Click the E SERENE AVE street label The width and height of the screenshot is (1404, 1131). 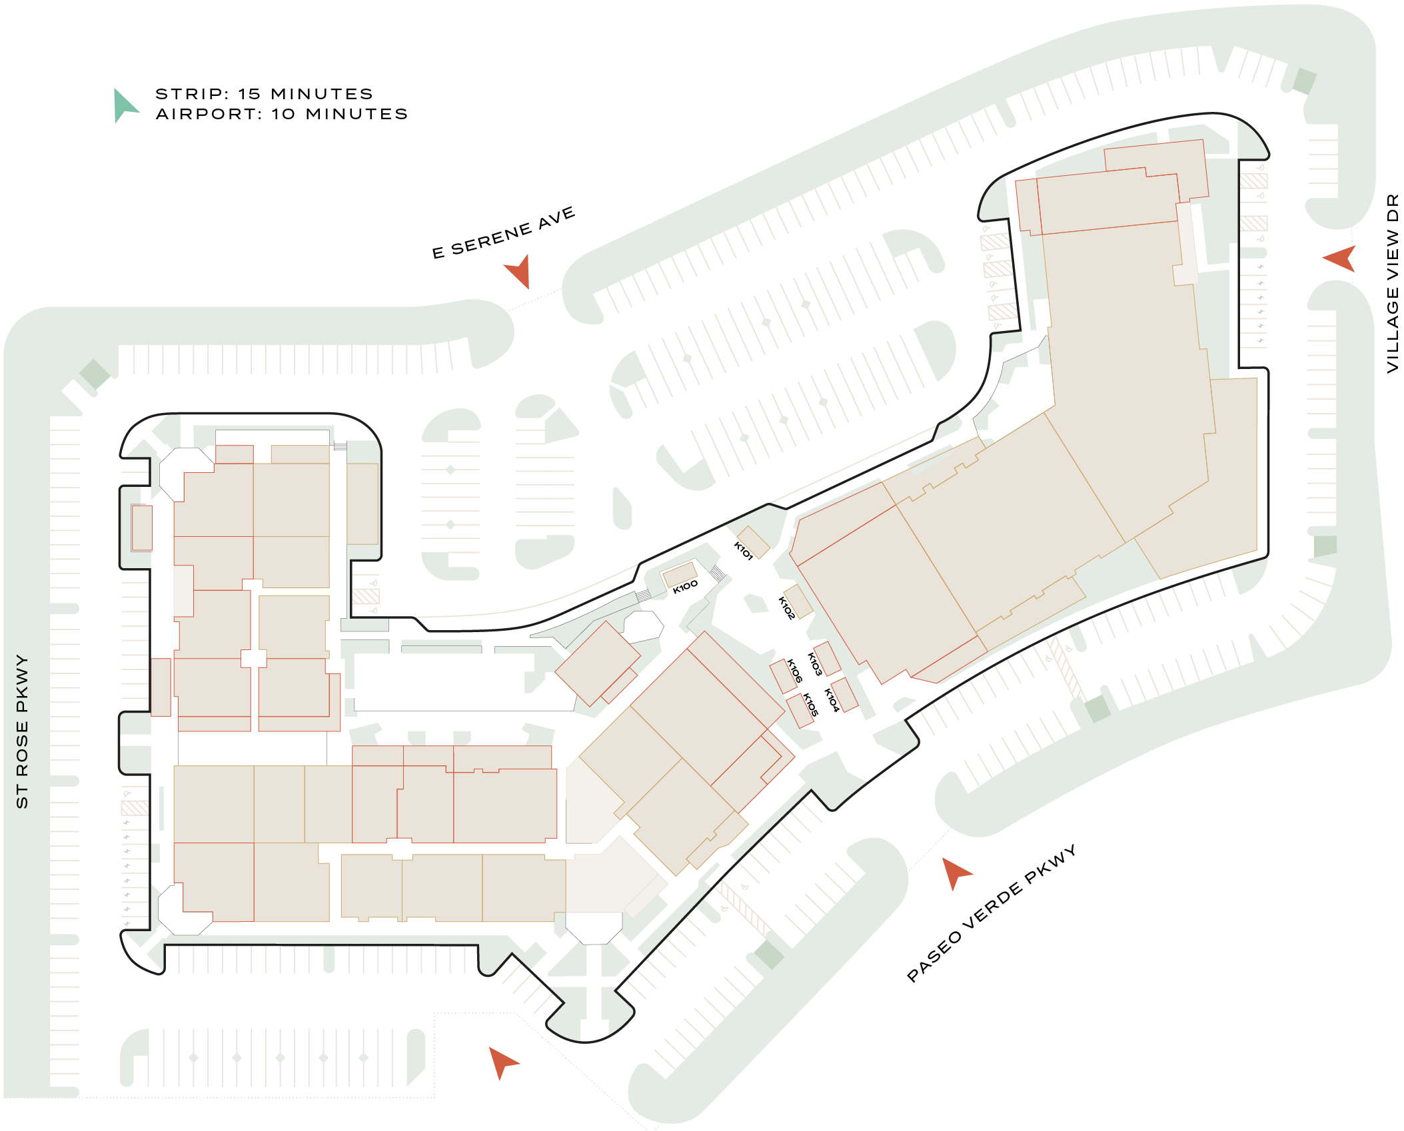click(x=503, y=232)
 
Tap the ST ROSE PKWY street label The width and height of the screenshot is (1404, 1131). click(x=22, y=731)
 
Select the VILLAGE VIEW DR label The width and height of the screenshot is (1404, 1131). click(x=1392, y=283)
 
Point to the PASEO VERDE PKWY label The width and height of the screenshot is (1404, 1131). click(x=991, y=913)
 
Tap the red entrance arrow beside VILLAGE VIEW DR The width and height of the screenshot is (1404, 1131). click(x=1341, y=258)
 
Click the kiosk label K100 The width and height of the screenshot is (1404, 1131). click(x=685, y=587)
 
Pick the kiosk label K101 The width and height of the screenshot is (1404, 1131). click(x=743, y=551)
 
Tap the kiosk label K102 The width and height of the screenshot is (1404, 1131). click(x=787, y=608)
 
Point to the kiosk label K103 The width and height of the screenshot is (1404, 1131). click(x=814, y=664)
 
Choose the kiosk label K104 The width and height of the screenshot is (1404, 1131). click(x=832, y=700)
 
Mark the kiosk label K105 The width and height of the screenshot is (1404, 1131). click(x=810, y=705)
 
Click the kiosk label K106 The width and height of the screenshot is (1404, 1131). click(x=794, y=671)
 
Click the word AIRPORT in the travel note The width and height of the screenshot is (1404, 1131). click(x=209, y=115)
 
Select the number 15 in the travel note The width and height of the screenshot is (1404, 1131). click(x=250, y=94)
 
